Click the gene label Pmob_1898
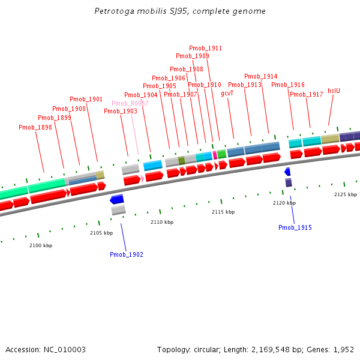coord(35,127)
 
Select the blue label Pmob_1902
coord(127,255)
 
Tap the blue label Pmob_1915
coord(295,227)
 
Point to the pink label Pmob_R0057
coord(130,103)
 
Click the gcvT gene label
coord(227,94)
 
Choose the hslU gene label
coord(334,91)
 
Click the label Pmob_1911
coord(206,48)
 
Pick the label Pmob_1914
coord(261,76)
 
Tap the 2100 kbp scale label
coord(41,245)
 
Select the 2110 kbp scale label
coord(162,222)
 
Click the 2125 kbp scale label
coord(346,194)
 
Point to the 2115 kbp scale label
coord(223,212)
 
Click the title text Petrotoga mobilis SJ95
coord(180,11)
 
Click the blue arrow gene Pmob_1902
coord(117,199)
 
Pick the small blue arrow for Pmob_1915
coord(287,172)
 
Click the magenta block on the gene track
coord(215,155)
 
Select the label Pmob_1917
coord(307,94)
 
